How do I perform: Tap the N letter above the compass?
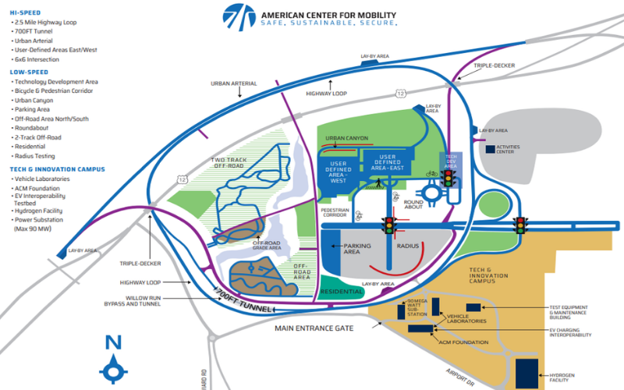(114, 341)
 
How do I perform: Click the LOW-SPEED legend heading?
(29, 72)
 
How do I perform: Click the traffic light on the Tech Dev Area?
(448, 178)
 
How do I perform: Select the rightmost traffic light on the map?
(520, 225)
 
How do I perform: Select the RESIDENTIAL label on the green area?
(342, 292)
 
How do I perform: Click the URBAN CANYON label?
(346, 138)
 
